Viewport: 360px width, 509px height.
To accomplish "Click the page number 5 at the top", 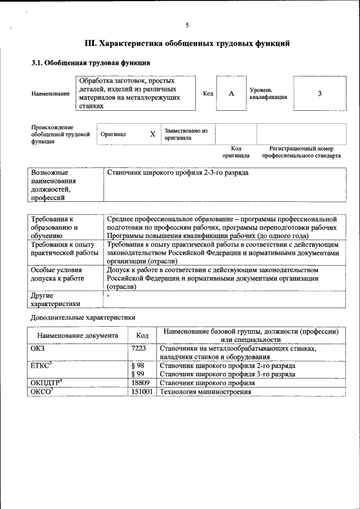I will point(187,25).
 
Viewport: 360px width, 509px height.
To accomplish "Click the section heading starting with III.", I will point(187,43).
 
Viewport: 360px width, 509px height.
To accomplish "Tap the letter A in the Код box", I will point(231,93).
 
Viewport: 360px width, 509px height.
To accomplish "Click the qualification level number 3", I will point(319,93).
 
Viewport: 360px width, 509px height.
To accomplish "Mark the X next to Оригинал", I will point(152,134).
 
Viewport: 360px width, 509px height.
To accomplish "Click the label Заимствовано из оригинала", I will point(186,134).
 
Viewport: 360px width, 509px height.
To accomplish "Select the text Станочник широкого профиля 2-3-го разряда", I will point(178,173).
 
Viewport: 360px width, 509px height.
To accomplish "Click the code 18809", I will point(140,382).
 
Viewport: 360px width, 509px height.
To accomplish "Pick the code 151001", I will point(142,391).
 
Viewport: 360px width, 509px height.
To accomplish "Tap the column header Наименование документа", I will point(78,335).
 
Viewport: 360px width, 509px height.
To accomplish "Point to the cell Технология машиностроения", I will point(206,391).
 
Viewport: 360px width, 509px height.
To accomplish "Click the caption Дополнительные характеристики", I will point(83,317).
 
